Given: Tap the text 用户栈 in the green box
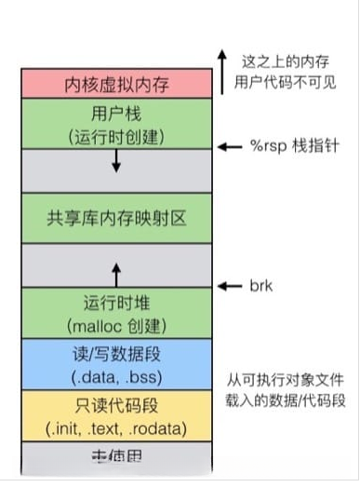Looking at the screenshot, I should click(117, 114).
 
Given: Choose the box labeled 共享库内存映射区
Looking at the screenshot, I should click(117, 219).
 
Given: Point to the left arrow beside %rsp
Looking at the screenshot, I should click(229, 147).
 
